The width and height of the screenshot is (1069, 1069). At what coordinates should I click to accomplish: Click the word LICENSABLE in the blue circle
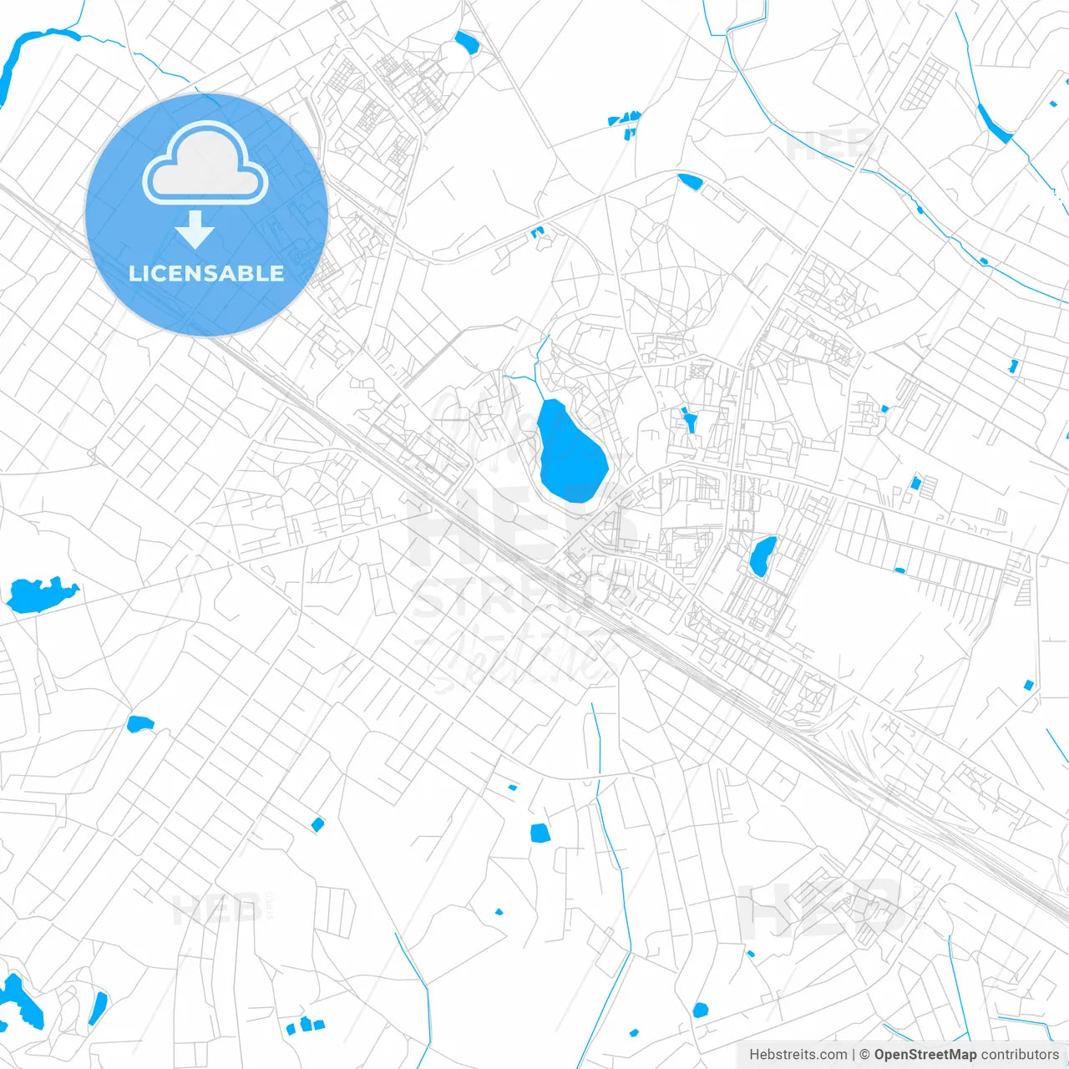206,273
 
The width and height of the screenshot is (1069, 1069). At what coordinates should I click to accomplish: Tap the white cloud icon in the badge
205,164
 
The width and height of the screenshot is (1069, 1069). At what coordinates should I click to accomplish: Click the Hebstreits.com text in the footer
798,1055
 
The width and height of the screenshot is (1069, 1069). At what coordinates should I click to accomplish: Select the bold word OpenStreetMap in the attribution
925,1055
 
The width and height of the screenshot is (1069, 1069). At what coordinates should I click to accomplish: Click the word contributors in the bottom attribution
1020,1055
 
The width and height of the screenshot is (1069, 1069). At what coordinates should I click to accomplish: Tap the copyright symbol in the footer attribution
864,1055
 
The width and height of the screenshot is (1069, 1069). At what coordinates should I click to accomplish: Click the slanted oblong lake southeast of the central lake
762,555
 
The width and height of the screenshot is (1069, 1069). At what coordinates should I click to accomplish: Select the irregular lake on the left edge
38,594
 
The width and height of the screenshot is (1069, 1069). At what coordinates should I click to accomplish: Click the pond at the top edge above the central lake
465,41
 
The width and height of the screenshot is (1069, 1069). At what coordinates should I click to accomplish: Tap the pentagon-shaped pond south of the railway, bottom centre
540,833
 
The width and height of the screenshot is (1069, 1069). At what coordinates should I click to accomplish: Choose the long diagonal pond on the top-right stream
994,123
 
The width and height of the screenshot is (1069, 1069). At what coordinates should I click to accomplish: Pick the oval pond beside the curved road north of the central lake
689,180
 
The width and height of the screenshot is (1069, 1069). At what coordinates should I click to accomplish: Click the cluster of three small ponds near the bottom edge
305,1025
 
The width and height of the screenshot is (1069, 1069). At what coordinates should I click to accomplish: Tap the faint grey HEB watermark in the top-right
827,146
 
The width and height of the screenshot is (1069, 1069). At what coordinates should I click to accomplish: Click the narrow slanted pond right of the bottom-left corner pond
99,1007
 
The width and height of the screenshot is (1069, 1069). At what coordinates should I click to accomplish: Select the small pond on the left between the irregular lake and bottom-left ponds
139,723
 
